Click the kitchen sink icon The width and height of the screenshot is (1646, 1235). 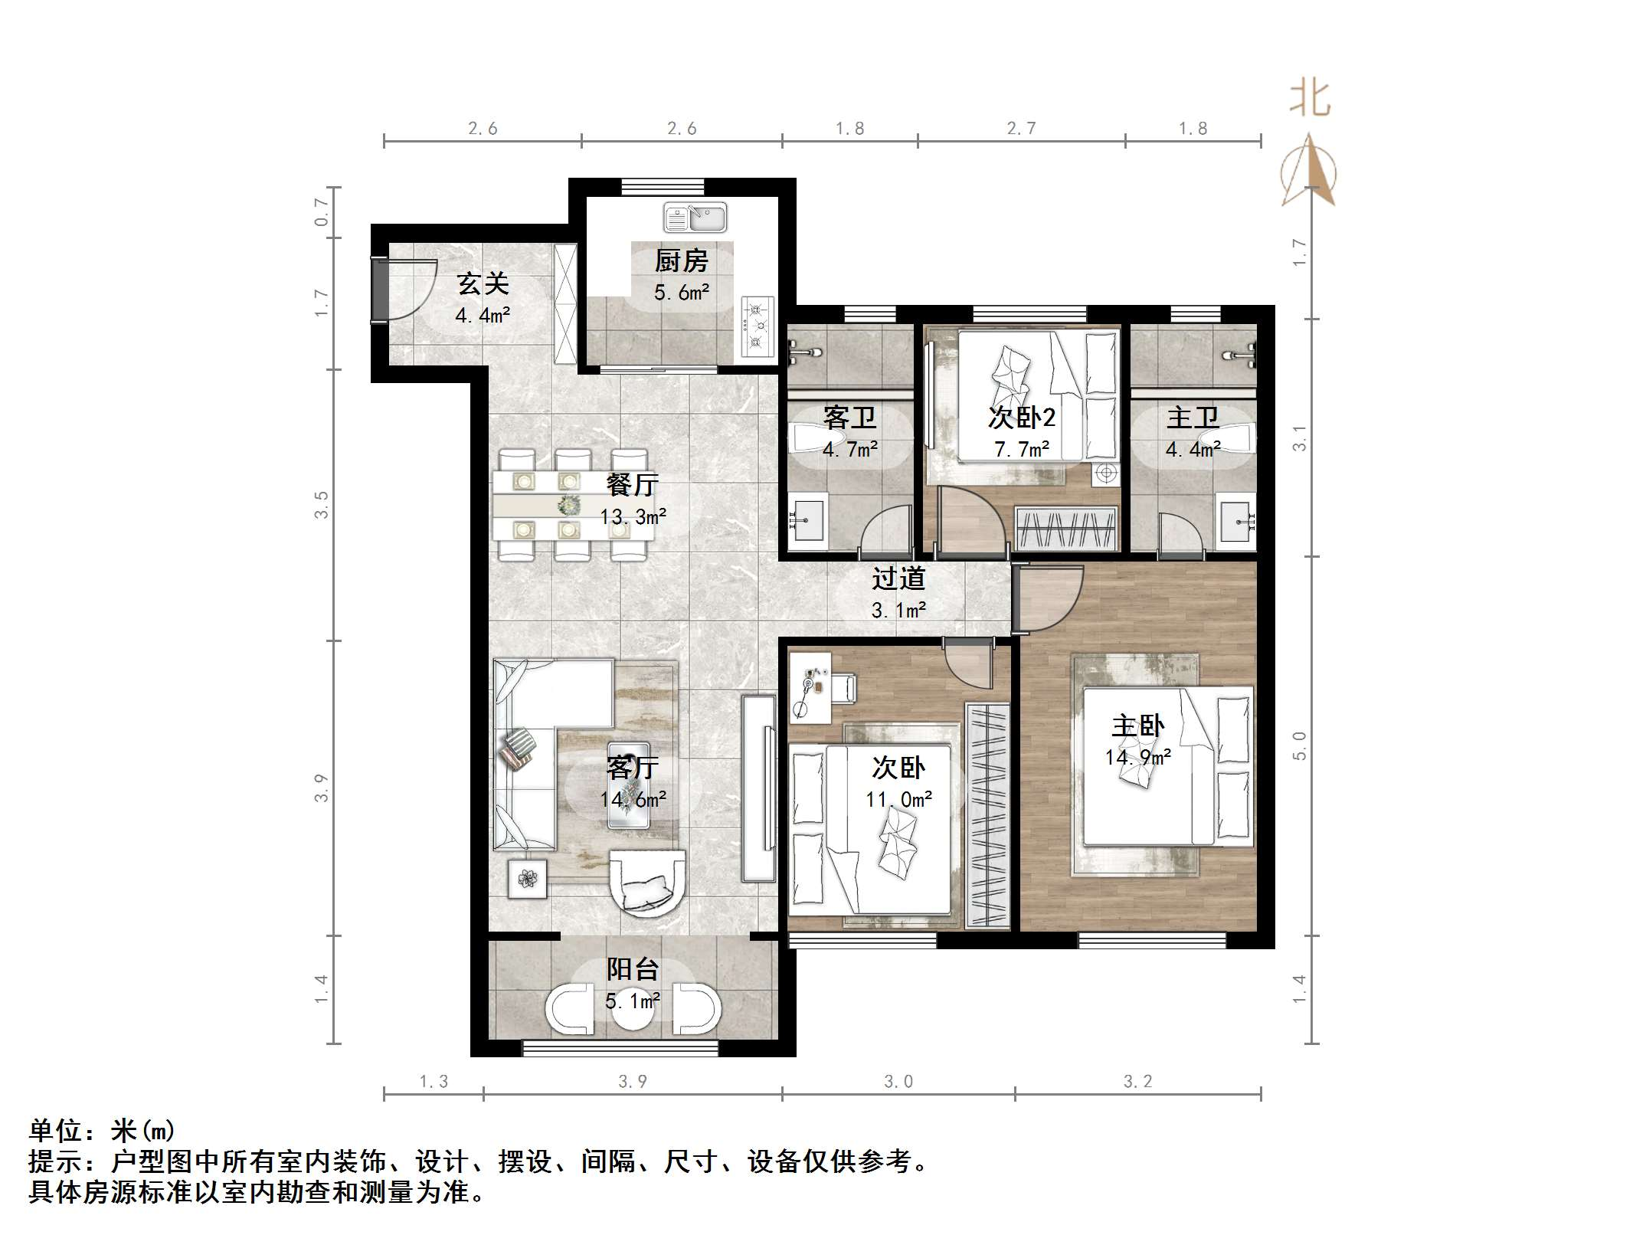[695, 218]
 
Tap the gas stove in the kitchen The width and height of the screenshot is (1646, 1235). [758, 329]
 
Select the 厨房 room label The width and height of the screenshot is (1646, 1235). [681, 261]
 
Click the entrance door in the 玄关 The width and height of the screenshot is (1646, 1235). [381, 290]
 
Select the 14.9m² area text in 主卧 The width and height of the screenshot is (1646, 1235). [1137, 758]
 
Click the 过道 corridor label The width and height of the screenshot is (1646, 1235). [898, 578]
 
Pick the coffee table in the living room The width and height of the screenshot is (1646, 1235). [628, 785]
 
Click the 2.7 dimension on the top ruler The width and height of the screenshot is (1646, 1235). [1021, 129]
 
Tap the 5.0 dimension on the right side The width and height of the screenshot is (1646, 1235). [1299, 745]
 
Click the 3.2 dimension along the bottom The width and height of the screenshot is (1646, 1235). [1137, 1081]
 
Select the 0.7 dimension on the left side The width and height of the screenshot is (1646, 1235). [322, 211]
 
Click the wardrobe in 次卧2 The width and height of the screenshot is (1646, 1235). [1065, 529]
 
